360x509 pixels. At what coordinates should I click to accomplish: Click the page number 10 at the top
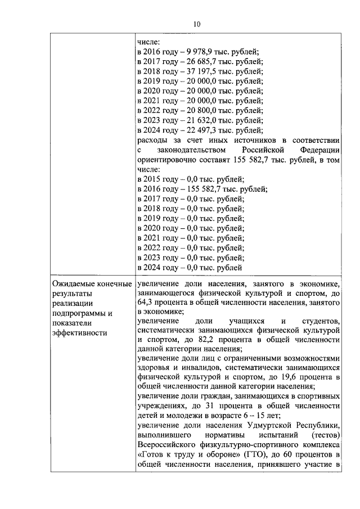coord(196,24)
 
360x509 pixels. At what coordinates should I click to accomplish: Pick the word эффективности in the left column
coord(79,332)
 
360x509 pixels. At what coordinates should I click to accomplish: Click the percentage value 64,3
coord(145,303)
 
